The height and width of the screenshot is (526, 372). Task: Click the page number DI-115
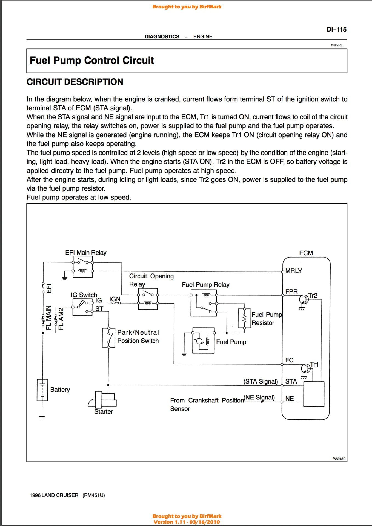click(336, 30)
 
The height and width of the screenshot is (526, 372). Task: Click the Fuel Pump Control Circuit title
click(92, 61)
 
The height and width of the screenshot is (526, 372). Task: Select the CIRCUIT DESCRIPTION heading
click(75, 82)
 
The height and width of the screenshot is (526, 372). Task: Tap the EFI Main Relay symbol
click(82, 267)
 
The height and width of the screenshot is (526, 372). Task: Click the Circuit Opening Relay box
click(148, 299)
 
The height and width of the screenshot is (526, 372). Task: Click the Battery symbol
click(42, 390)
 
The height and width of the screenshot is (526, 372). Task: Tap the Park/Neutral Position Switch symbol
click(108, 338)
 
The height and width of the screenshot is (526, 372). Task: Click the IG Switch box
click(82, 307)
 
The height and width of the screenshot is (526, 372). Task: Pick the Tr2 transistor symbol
click(304, 299)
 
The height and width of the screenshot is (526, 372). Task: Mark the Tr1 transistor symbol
click(306, 368)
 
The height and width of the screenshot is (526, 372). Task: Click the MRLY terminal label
click(294, 271)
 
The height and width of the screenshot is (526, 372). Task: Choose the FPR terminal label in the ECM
click(291, 292)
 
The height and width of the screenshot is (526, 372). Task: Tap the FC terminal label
click(289, 360)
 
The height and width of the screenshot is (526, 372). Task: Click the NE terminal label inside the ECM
click(290, 399)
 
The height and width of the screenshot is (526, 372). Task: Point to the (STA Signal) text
click(261, 382)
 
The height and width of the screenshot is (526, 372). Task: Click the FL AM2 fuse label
click(61, 319)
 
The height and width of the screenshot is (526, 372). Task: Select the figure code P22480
click(339, 459)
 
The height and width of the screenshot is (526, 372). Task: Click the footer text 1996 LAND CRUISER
click(54, 495)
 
